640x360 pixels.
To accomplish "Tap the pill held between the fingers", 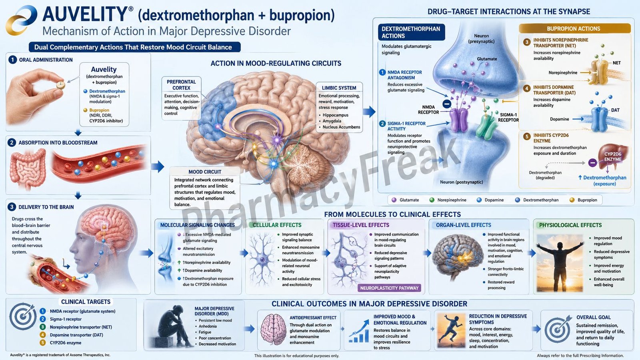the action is [x=60, y=85].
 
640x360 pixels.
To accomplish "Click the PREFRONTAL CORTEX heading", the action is [x=181, y=85].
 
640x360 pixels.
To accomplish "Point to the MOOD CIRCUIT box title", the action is [x=204, y=172].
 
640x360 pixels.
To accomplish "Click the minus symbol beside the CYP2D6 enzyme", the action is [x=592, y=163].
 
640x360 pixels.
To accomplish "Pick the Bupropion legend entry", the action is [x=583, y=200].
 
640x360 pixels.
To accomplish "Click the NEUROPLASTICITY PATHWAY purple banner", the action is [x=389, y=288].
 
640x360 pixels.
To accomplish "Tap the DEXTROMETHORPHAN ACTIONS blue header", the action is [x=411, y=32].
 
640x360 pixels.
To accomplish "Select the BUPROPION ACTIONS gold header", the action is [x=574, y=28].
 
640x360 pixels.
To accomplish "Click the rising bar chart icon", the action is [x=359, y=332].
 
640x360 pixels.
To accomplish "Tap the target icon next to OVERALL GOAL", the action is [x=558, y=328].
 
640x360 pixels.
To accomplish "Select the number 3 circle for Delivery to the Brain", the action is [x=12, y=207].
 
